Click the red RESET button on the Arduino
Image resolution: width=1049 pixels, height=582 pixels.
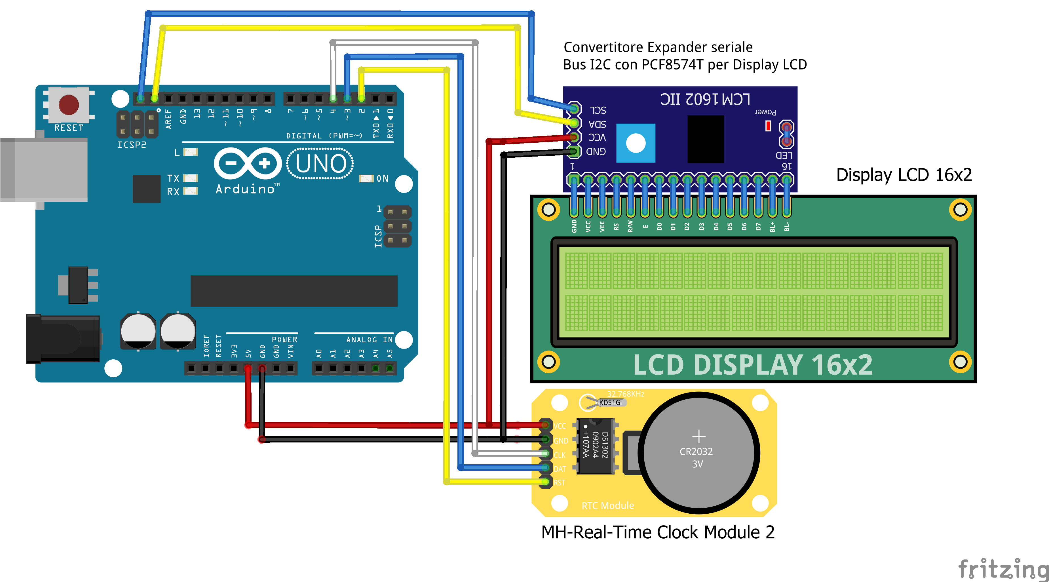[x=68, y=105]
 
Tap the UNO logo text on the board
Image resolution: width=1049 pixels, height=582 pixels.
[x=320, y=164]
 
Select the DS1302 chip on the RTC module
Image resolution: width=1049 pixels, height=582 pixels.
[x=595, y=446]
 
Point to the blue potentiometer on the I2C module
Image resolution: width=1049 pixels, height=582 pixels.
[x=636, y=143]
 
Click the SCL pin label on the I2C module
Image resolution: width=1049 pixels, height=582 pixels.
[x=598, y=110]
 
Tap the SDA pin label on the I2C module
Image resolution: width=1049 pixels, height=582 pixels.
[x=598, y=124]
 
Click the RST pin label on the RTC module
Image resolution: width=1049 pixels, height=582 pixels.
[x=559, y=483]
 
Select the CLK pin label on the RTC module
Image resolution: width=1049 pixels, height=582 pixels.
[x=560, y=455]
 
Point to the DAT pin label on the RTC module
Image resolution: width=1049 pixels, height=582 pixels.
[x=560, y=469]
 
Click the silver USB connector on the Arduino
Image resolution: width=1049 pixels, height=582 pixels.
[x=44, y=169]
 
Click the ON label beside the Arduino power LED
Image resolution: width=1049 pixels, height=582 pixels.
[x=382, y=178]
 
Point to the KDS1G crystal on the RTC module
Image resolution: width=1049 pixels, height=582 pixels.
[x=609, y=402]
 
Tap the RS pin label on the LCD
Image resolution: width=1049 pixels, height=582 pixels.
[x=616, y=226]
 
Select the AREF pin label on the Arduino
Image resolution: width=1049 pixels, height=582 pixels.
[x=168, y=119]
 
